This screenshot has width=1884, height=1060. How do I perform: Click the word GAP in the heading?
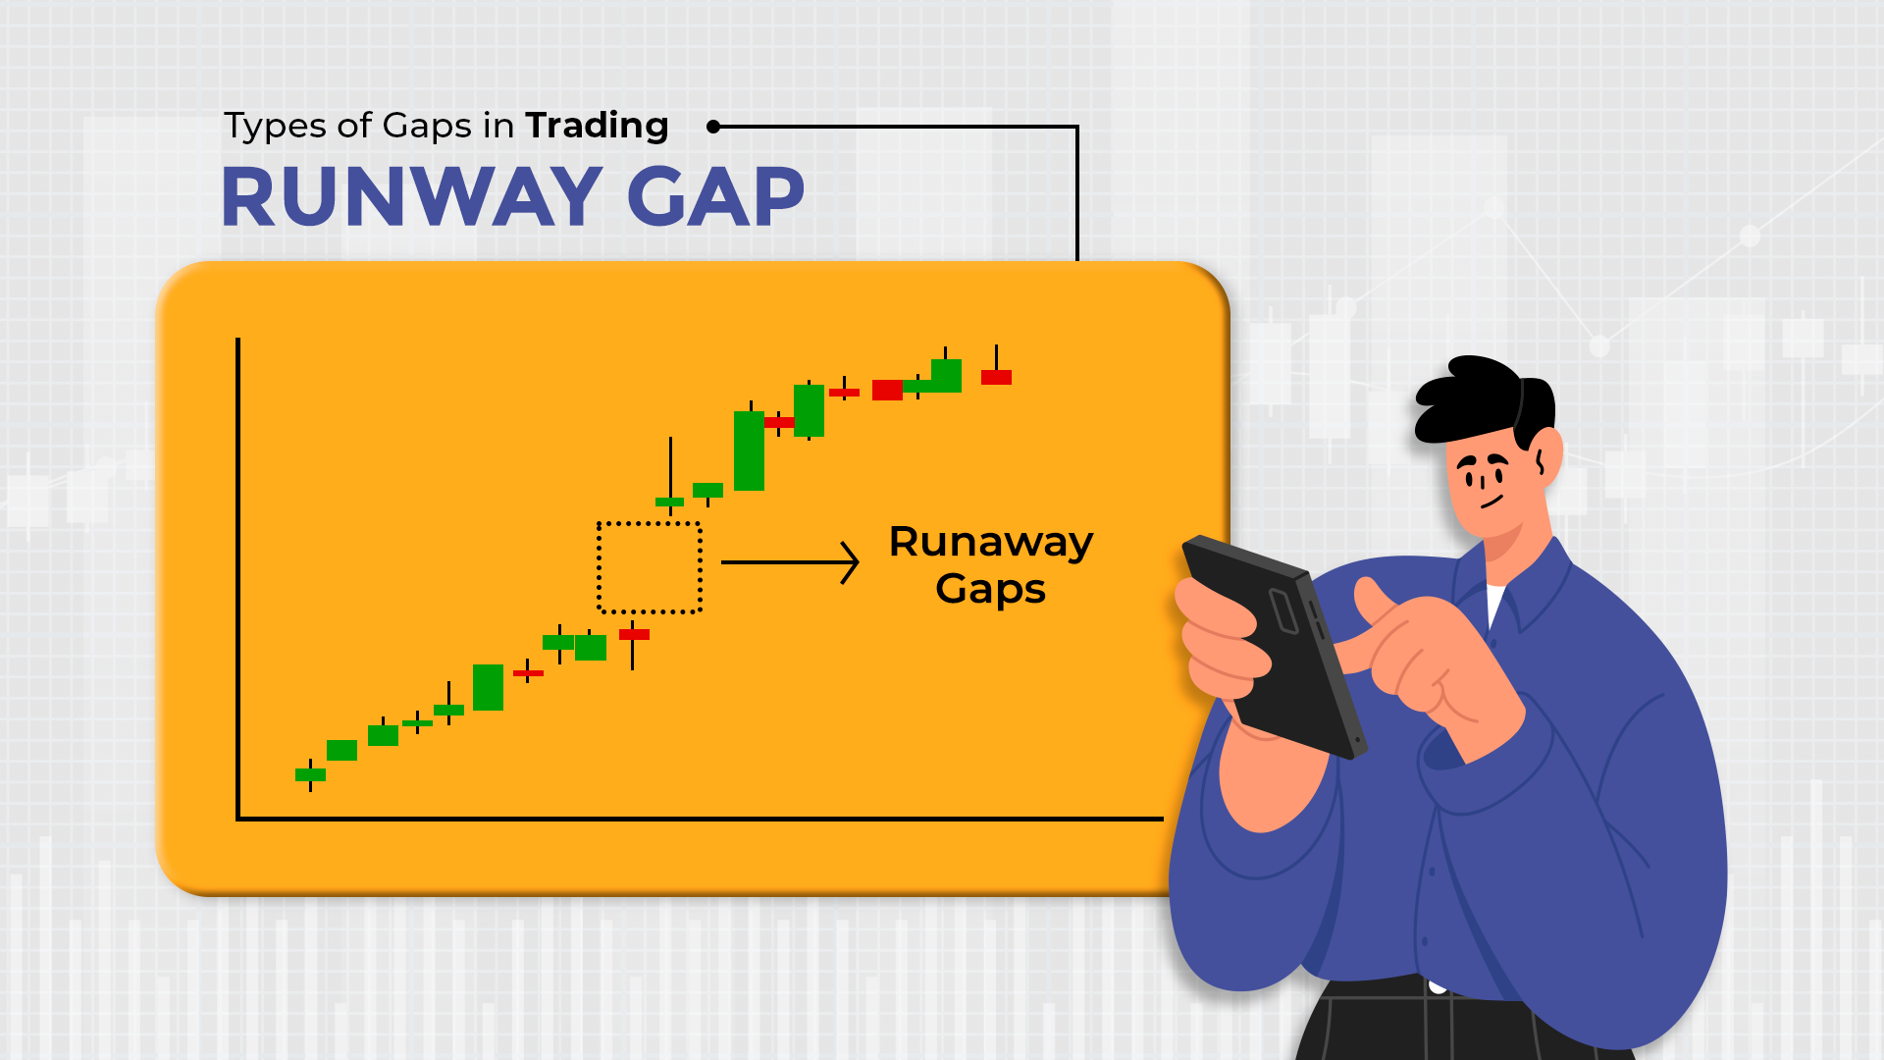pos(715,197)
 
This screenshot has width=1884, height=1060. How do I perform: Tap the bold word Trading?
pos(597,126)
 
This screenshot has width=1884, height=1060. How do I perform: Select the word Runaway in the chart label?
pos(990,543)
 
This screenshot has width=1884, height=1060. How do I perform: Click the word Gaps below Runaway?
pos(990,589)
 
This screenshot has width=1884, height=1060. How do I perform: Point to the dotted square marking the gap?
pos(649,567)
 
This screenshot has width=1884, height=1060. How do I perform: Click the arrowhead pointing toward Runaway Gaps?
pos(850,562)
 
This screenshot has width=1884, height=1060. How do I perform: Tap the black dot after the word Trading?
pos(713,127)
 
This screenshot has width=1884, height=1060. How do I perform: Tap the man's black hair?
pos(1482,397)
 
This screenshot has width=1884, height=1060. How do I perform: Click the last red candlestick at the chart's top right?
pos(996,377)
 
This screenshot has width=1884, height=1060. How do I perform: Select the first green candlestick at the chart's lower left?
pos(310,774)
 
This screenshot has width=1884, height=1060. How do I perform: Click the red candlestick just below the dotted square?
pos(634,635)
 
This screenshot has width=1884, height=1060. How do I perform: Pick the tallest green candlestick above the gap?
pos(749,450)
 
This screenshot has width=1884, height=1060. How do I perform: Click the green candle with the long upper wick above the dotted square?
pos(670,501)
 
